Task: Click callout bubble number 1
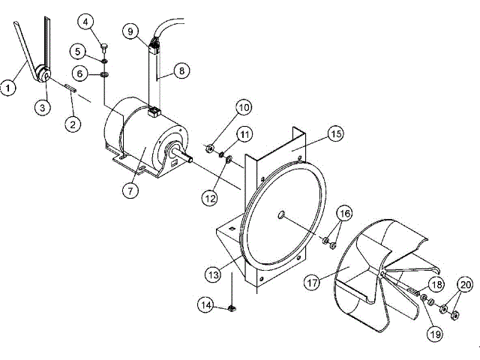pyautogui.click(x=8, y=88)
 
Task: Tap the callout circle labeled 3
pyautogui.click(x=43, y=107)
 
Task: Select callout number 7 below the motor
pyautogui.click(x=130, y=190)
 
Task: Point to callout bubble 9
pyautogui.click(x=130, y=31)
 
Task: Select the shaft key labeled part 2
pyautogui.click(x=72, y=89)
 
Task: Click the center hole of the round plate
pyautogui.click(x=281, y=215)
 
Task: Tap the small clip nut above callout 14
pyautogui.click(x=233, y=307)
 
